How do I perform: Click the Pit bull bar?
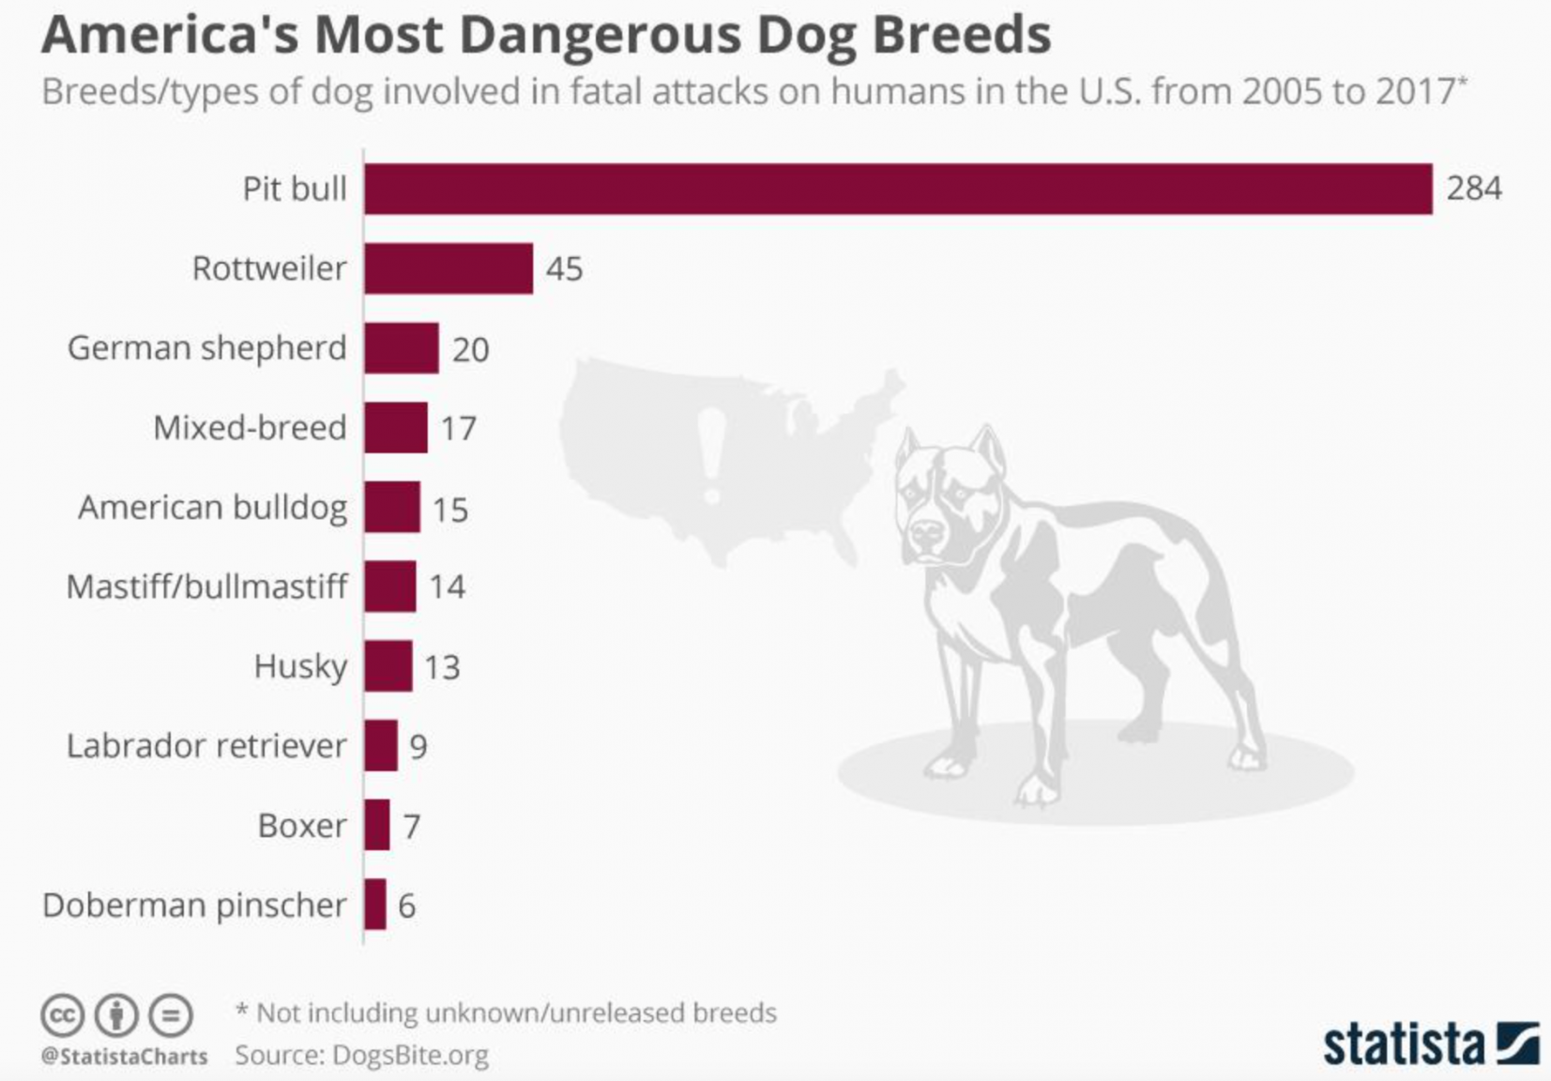pyautogui.click(x=898, y=189)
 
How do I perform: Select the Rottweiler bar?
pyautogui.click(x=449, y=268)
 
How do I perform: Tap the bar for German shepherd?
pyautogui.click(x=402, y=348)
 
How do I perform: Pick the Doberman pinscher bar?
pyautogui.click(x=375, y=905)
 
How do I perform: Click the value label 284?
pyautogui.click(x=1473, y=189)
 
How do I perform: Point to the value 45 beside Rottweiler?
pyautogui.click(x=564, y=269)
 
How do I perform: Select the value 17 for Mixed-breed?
pyautogui.click(x=458, y=429)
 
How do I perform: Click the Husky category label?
pyautogui.click(x=300, y=666)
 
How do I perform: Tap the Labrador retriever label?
pyautogui.click(x=206, y=746)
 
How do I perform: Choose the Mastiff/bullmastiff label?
pyautogui.click(x=206, y=586)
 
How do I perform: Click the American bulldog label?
pyautogui.click(x=212, y=508)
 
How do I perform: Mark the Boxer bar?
pyautogui.click(x=377, y=825)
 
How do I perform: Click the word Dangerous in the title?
pyautogui.click(x=601, y=36)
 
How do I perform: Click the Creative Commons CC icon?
pyautogui.click(x=63, y=1015)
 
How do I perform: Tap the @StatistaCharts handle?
pyautogui.click(x=124, y=1057)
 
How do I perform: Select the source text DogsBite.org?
pyautogui.click(x=410, y=1056)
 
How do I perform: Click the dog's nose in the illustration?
pyautogui.click(x=927, y=536)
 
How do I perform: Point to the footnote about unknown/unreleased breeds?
pyautogui.click(x=507, y=1013)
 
